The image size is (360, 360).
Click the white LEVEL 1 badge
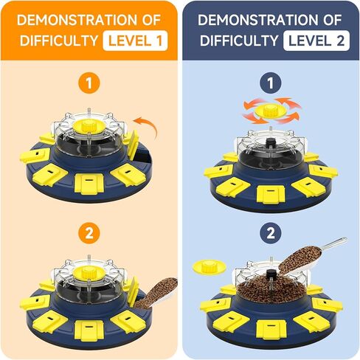point(135,41)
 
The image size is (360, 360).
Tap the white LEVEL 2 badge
point(316,41)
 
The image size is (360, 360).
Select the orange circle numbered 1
point(89,83)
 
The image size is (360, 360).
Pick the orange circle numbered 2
point(89,233)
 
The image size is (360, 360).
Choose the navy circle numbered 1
point(271,83)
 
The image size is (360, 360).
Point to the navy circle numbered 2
point(271,233)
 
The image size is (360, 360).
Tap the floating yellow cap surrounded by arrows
point(270,111)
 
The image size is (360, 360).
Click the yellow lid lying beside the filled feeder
point(210,266)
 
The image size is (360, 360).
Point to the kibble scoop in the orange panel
point(157,294)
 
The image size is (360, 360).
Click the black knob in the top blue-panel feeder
point(271,142)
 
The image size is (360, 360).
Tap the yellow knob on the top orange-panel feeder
point(89,126)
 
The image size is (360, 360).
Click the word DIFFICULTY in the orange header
point(59,41)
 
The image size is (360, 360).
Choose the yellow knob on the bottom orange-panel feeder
point(89,273)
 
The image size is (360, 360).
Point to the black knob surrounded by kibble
point(271,274)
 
